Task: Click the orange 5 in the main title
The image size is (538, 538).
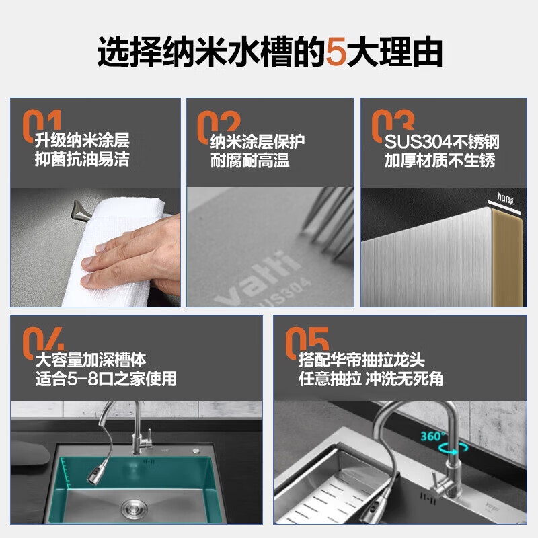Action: click(336, 52)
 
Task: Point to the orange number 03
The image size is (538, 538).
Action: click(393, 125)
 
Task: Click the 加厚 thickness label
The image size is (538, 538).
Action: click(506, 198)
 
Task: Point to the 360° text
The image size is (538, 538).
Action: click(432, 436)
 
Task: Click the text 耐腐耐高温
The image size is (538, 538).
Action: click(249, 161)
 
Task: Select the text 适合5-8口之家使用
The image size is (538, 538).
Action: click(106, 379)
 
